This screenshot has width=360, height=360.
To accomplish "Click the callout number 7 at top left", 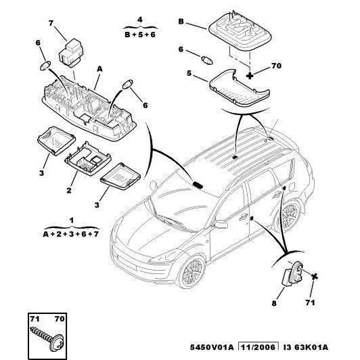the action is coord(51,23).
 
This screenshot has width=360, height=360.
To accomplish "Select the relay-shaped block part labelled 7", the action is coord(71,53).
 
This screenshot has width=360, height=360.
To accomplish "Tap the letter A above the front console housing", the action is coord(99,69).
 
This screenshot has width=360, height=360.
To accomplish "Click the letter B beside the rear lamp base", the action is coord(181,22).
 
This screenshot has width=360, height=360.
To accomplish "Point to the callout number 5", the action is coord(189,73).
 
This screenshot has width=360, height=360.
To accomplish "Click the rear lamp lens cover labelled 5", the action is coord(240,88).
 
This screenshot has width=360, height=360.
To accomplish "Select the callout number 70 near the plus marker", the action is coord(276,66).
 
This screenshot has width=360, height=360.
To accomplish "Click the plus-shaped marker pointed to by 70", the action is coord(250,75).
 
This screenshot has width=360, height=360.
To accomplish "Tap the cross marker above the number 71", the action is coord(315,276).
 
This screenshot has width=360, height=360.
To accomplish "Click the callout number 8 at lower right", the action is coord(274,303).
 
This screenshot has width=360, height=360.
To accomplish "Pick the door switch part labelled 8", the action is coord(292,274).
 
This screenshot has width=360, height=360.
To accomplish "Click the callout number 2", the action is coord(69,190).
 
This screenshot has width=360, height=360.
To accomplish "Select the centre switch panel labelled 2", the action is coord(88,158).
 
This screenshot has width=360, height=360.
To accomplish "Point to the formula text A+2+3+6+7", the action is coord(71,234).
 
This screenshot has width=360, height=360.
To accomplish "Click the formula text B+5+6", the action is coord(140,35).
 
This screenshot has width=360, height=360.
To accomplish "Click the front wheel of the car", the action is coord(192,271).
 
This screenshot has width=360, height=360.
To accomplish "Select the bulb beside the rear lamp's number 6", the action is coord(207,60).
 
